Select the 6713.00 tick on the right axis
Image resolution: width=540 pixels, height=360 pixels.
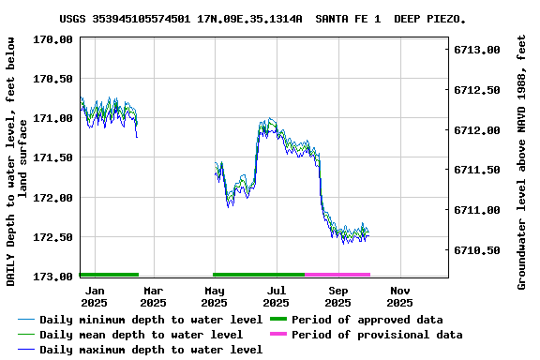pyautogui.click(x=476, y=50)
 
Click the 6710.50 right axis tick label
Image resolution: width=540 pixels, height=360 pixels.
pyautogui.click(x=476, y=250)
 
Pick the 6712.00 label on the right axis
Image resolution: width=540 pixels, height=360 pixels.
pyautogui.click(x=476, y=130)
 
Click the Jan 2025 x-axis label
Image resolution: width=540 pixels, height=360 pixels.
pyautogui.click(x=94, y=296)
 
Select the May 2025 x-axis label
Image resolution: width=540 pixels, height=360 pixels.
pyautogui.click(x=215, y=296)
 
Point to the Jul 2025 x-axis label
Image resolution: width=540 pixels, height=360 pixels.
pyautogui.click(x=277, y=296)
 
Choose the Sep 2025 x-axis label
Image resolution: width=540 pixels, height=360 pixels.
pyautogui.click(x=338, y=296)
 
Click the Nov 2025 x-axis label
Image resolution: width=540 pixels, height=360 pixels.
pyautogui.click(x=400, y=296)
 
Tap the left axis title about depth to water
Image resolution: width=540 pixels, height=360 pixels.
pyautogui.click(x=18, y=161)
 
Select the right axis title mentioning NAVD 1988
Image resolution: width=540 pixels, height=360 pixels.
pyautogui.click(x=521, y=161)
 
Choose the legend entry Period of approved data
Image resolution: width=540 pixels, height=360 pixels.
pyautogui.click(x=367, y=320)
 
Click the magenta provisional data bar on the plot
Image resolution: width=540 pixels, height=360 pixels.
pyautogui.click(x=337, y=275)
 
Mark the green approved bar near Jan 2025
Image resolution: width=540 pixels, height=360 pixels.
pyautogui.click(x=109, y=275)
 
